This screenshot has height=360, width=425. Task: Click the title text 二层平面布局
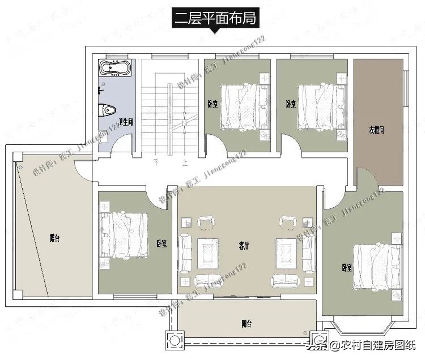[x=214, y=18]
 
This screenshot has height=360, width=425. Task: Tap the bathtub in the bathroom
[x=116, y=70]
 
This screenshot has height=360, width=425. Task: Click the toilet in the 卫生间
[x=109, y=108]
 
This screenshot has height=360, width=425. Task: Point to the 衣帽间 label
[x=376, y=130]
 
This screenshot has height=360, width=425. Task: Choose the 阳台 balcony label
[x=246, y=324]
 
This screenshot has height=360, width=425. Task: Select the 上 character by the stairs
[x=184, y=162]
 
